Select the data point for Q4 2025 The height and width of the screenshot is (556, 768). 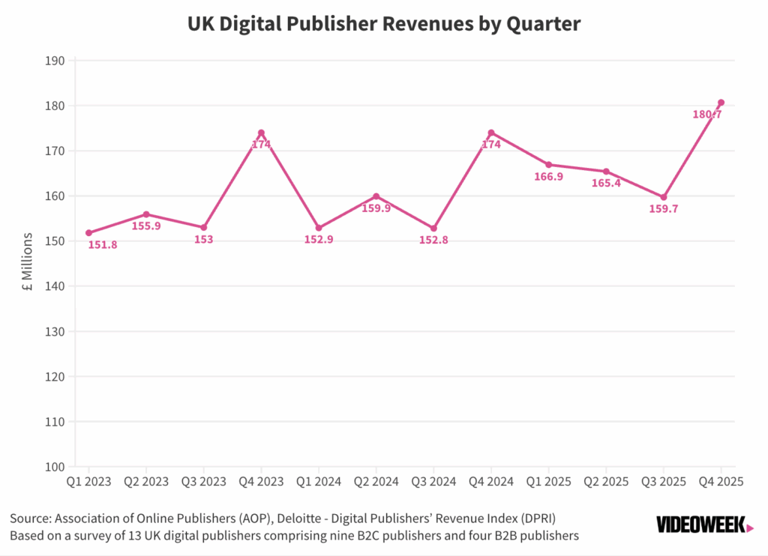721,103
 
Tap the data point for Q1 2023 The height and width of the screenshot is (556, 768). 88,233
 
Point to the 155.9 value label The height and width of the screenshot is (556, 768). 146,226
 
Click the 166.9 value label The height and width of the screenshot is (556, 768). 548,177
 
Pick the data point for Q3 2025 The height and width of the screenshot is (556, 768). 663,197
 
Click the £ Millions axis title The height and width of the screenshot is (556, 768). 28,264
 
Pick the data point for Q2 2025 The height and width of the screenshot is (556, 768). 606,172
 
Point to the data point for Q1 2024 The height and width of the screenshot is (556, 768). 319,228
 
